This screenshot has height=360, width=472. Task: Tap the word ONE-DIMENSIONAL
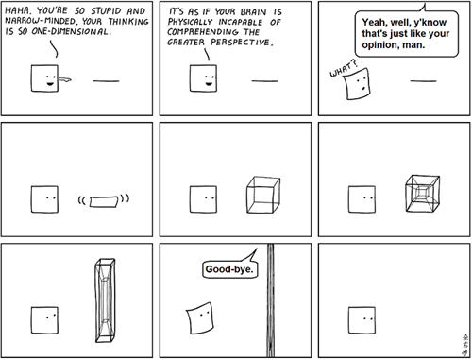click(72, 31)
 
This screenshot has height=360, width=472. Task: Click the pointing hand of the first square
click(65, 79)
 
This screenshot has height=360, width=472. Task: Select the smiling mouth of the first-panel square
click(50, 83)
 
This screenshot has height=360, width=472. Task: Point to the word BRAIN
click(253, 12)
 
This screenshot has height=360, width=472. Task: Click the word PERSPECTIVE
click(241, 42)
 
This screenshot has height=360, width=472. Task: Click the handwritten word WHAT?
click(344, 69)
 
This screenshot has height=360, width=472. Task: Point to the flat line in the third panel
click(423, 81)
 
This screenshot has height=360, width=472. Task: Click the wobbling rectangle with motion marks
click(104, 201)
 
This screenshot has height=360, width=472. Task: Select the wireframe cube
click(263, 195)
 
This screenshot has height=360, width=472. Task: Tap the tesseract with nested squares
click(423, 194)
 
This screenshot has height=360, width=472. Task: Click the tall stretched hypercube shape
click(105, 300)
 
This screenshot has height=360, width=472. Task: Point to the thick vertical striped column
click(270, 300)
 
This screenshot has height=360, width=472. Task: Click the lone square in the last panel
click(362, 320)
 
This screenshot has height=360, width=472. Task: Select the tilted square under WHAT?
click(357, 83)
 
